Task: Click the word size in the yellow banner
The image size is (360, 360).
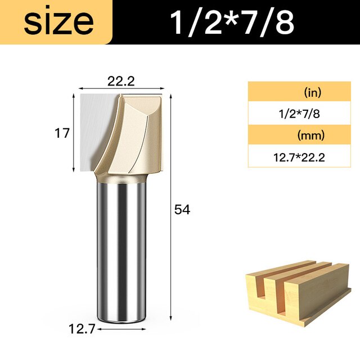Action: pos(58,22)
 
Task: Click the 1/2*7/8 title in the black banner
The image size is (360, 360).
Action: pos(232,22)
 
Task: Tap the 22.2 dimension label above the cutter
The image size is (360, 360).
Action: pos(121,81)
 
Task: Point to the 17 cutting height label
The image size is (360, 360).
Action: pos(62,133)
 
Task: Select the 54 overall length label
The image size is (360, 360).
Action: pos(182,210)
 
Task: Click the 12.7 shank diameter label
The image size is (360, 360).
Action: pos(82,329)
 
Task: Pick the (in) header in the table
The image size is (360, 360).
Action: pos(313,92)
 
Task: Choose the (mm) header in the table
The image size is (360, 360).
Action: pos(311,136)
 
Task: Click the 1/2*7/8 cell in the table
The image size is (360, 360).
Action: pos(299,114)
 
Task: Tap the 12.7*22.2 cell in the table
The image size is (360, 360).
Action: pos(299,157)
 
